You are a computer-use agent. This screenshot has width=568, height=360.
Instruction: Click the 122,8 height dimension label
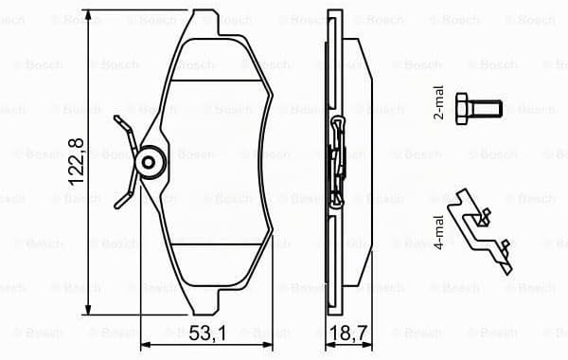coord(77,162)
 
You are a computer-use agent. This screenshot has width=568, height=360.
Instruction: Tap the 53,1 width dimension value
coord(207,333)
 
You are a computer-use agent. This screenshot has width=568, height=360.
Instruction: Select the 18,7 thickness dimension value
coord(350,333)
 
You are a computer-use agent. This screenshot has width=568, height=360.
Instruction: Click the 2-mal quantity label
coord(438,103)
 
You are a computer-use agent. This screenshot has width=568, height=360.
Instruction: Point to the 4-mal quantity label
coord(438,232)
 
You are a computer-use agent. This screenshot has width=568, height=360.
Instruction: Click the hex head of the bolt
coord(462,109)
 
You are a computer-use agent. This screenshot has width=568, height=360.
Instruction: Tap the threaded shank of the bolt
coord(485,109)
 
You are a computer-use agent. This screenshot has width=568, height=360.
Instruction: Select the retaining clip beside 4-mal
coord(480,231)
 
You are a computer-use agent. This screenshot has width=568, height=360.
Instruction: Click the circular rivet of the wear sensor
coord(149,162)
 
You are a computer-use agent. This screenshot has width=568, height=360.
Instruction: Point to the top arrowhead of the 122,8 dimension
coord(88,14)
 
